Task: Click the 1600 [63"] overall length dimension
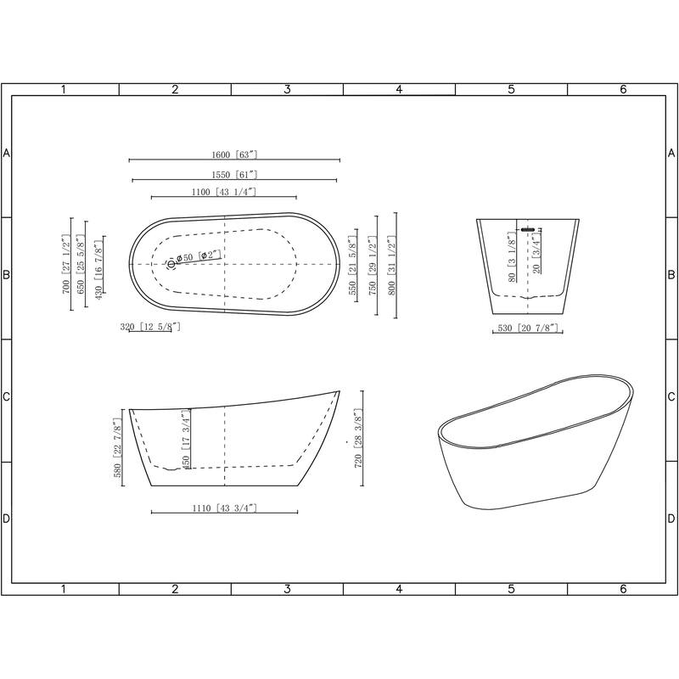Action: pyautogui.click(x=234, y=154)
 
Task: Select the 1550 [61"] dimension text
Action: pyautogui.click(x=234, y=174)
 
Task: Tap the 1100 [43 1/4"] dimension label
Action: pyautogui.click(x=223, y=192)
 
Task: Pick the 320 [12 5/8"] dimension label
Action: pyautogui.click(x=150, y=326)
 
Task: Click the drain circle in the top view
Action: pyautogui.click(x=171, y=264)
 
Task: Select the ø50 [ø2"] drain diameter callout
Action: pyautogui.click(x=198, y=255)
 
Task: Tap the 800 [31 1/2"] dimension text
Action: pyautogui.click(x=391, y=264)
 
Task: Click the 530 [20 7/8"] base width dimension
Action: pyautogui.click(x=526, y=327)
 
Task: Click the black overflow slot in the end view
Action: pyautogui.click(x=527, y=228)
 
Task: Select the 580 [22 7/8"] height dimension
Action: pyautogui.click(x=118, y=448)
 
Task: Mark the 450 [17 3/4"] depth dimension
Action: pyautogui.click(x=184, y=438)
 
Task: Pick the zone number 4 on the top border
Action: pyautogui.click(x=399, y=89)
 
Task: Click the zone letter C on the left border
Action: pyautogui.click(x=6, y=396)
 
